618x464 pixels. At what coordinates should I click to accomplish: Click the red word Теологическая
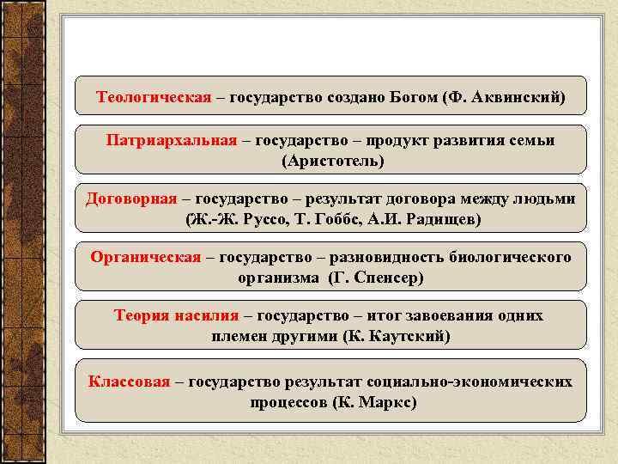pyautogui.click(x=154, y=97)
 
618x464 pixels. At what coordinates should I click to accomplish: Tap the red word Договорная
pyautogui.click(x=131, y=198)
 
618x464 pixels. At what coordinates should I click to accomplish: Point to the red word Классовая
pyautogui.click(x=129, y=381)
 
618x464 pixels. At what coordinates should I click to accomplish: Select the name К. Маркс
pyautogui.click(x=377, y=401)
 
